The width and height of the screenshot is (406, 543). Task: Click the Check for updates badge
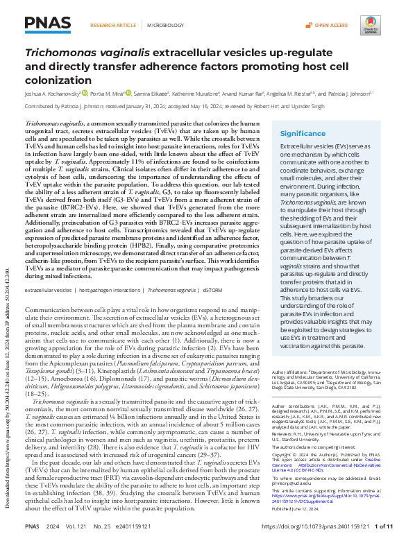(370, 26)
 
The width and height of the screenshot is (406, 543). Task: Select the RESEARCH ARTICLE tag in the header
(113, 26)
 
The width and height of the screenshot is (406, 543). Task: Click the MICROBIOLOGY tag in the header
(159, 26)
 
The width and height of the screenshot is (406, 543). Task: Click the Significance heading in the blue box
(303, 134)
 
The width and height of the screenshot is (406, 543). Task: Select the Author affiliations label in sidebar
(290, 374)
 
